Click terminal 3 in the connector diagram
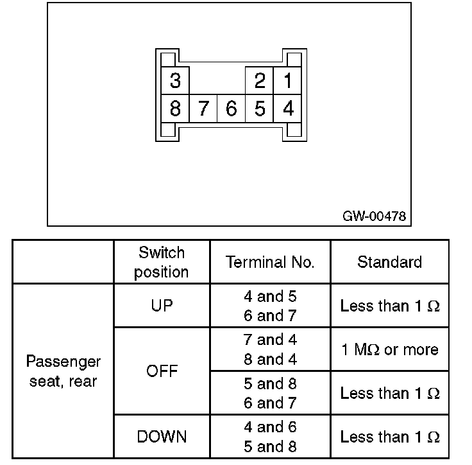point(174,81)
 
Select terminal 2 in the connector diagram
point(260,81)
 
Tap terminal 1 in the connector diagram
point(288,81)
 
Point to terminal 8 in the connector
point(174,109)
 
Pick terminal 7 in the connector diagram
point(203,109)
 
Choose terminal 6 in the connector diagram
point(232,109)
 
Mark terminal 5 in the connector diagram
point(260,109)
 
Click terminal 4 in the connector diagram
point(288,109)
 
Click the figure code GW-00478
point(375,216)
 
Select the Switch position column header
point(162,261)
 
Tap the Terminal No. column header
point(270,262)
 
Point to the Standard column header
point(389,262)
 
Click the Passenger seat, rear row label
point(63,371)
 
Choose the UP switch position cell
point(162,306)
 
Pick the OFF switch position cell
point(162,371)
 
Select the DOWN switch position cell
point(162,437)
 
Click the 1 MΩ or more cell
point(389,349)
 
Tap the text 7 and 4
point(270,340)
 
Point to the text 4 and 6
point(270,427)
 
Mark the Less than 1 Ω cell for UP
point(389,306)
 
